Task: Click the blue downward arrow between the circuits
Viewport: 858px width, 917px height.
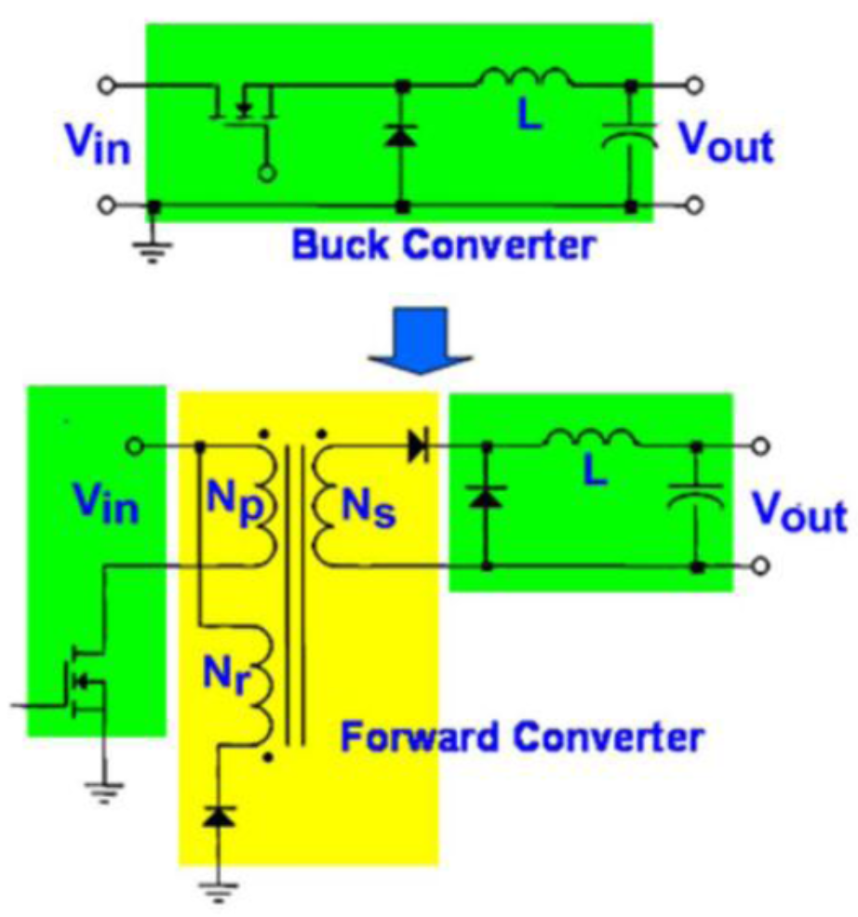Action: coord(421,342)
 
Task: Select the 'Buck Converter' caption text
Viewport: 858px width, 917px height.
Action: coord(442,246)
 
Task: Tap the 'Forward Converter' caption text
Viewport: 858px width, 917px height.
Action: coord(520,738)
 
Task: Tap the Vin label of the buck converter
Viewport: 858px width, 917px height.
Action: coord(97,143)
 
